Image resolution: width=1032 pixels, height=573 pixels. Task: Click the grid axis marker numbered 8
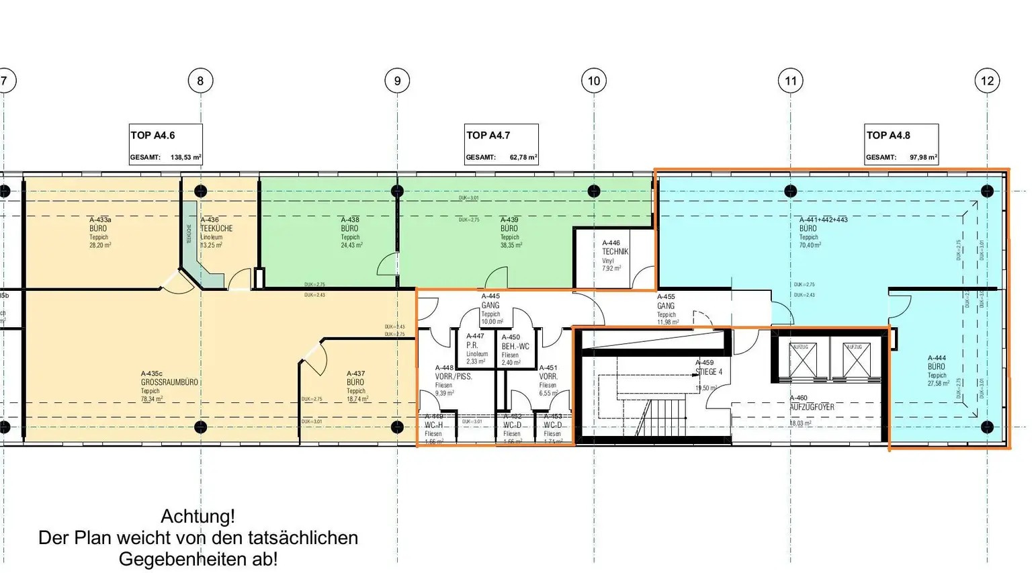pos(200,81)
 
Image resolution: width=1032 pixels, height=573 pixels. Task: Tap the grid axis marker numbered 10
pos(594,81)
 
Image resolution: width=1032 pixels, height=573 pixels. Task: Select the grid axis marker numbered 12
pos(987,81)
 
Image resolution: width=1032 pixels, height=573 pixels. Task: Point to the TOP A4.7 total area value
pos(523,158)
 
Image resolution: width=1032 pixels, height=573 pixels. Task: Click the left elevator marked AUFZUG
pos(803,359)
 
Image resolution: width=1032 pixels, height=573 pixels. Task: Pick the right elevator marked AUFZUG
pos(856,359)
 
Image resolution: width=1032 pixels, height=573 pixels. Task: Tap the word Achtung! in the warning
pos(198,517)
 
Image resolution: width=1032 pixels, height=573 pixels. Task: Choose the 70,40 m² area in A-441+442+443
pos(810,246)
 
